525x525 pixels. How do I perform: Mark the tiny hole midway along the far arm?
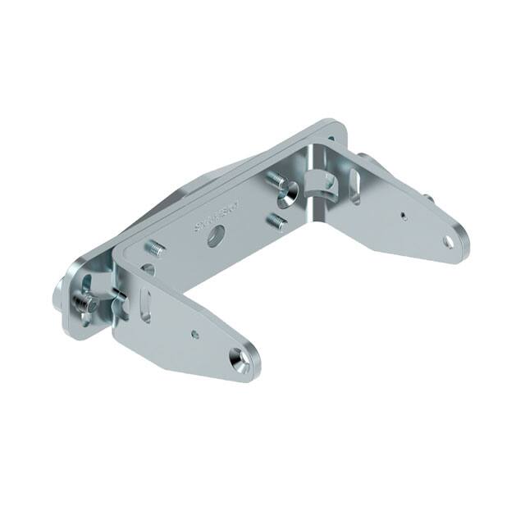(x=404, y=216)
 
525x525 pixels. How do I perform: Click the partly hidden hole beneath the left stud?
(x=148, y=267)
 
